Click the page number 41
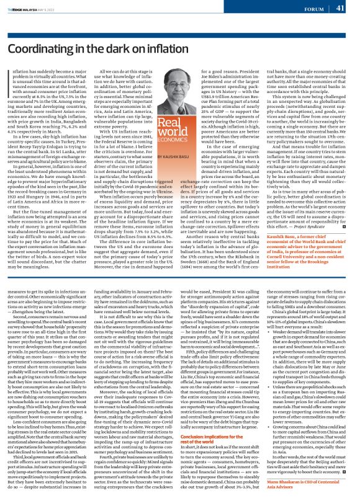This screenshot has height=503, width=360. coord(341,8)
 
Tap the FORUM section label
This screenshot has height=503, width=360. coord(313,9)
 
